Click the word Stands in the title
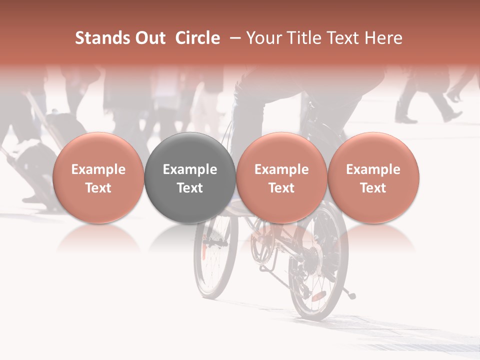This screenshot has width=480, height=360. tap(96, 38)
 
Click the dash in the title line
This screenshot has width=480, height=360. tap(233, 38)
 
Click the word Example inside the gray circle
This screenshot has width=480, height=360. tap(190, 169)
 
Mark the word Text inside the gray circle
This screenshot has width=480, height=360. tap(190, 188)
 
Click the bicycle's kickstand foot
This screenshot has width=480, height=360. tap(352, 296)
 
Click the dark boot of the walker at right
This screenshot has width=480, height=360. tap(405, 118)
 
